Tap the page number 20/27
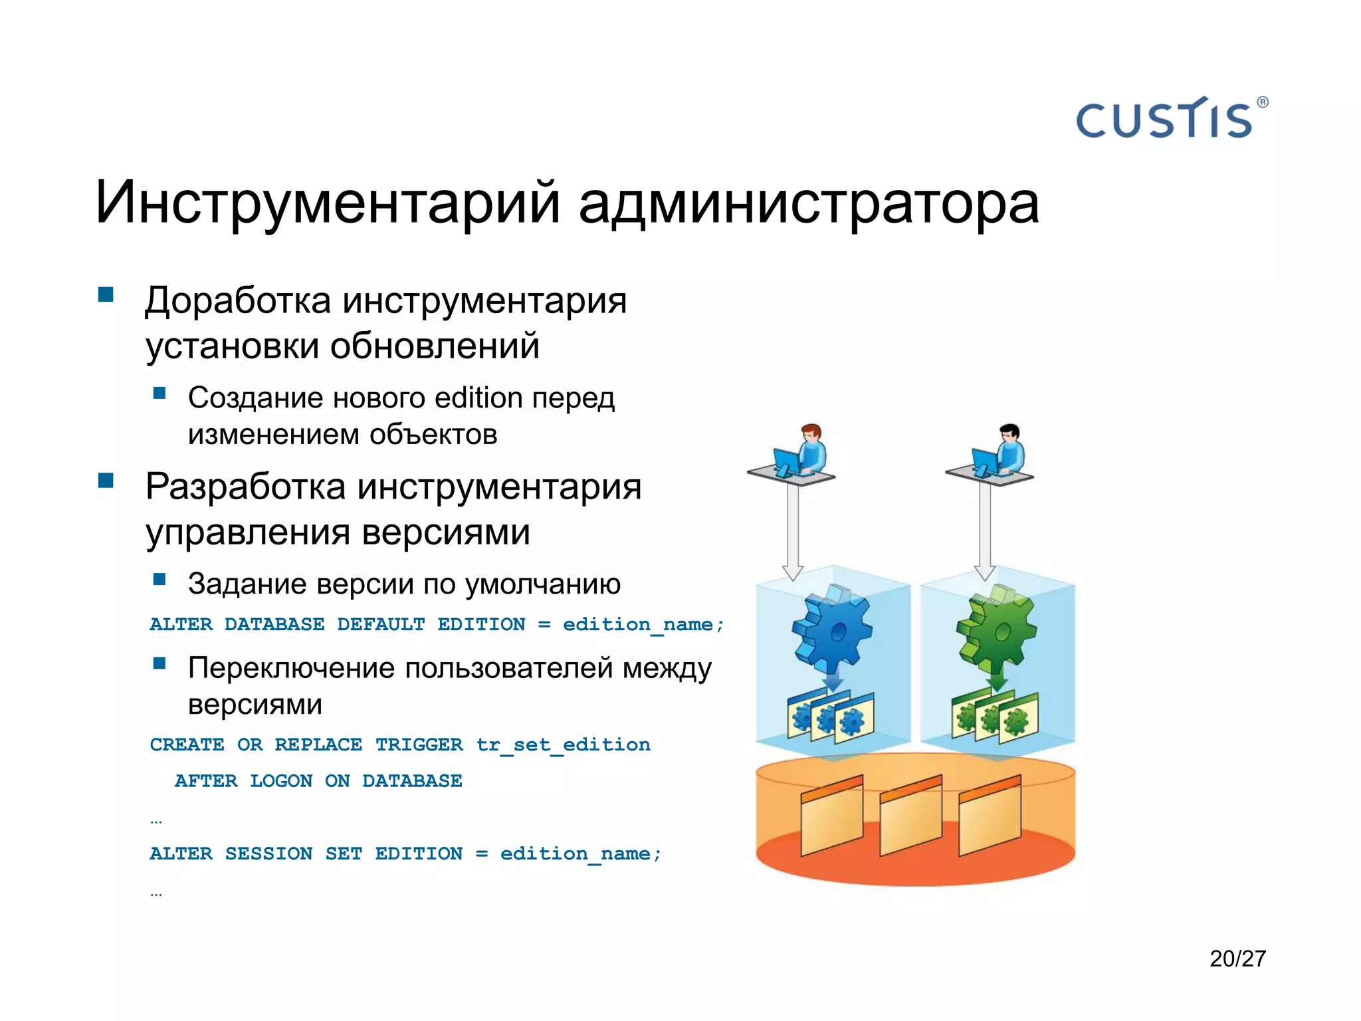[1237, 959]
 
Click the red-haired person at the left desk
[811, 449]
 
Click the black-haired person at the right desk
[1009, 449]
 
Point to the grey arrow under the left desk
[793, 532]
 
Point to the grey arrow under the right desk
[985, 532]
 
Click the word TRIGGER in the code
[419, 744]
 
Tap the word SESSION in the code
[268, 853]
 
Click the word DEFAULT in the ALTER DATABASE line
[380, 625]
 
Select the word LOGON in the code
[280, 781]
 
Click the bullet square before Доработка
[106, 294]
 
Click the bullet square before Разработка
[106, 480]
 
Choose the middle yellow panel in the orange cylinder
[910, 816]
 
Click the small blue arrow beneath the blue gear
[832, 681]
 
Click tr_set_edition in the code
[563, 745]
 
